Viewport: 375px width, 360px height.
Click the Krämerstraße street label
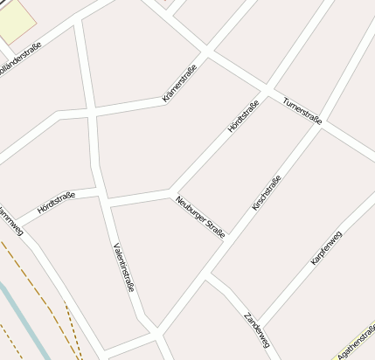tap(180, 84)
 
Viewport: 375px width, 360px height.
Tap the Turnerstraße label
tap(302, 110)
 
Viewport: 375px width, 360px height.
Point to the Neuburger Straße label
tap(200, 216)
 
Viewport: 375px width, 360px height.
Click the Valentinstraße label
tap(123, 266)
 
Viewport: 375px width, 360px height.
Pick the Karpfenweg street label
tap(326, 248)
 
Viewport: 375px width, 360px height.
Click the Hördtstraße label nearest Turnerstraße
tap(243, 117)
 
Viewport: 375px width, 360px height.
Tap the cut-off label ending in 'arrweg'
tap(10, 219)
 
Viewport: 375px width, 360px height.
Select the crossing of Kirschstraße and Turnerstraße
tap(321, 128)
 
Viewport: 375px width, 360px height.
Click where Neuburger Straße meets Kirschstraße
tap(207, 280)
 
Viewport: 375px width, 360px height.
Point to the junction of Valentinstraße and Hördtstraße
tap(105, 202)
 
